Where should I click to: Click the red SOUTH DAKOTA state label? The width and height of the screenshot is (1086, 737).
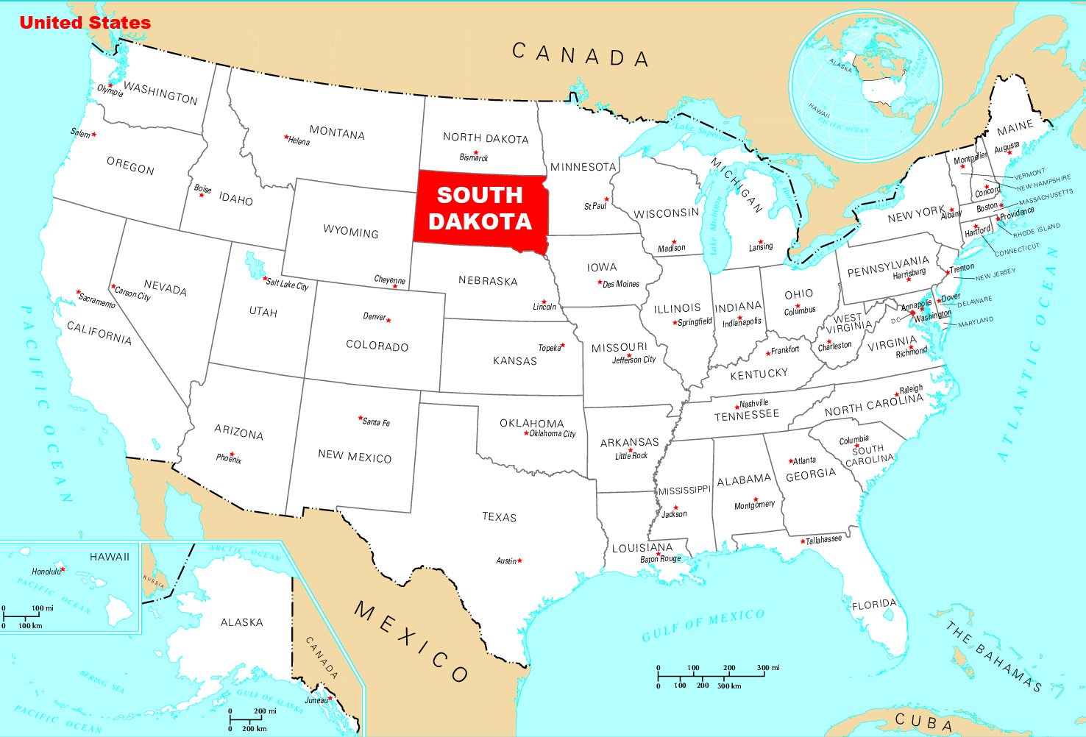[x=480, y=208]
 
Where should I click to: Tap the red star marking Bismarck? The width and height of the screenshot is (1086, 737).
[x=475, y=149]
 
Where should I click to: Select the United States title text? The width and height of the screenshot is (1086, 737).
[x=85, y=23]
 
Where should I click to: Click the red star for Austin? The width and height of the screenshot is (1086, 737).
[x=520, y=560]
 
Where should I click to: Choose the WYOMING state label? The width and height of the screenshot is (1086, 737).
[x=351, y=232]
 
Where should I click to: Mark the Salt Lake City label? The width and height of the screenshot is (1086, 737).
[x=288, y=284]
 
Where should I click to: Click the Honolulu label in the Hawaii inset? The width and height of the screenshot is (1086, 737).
[x=46, y=572]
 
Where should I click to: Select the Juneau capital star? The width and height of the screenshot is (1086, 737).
[x=331, y=697]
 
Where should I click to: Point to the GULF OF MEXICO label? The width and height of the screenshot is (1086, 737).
[x=703, y=625]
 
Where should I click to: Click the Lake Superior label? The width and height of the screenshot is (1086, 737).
[x=703, y=132]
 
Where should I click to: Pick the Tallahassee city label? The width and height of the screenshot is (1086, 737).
[x=824, y=540]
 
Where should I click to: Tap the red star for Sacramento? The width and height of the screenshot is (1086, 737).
[x=79, y=292]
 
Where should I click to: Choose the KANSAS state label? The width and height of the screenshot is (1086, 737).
[x=515, y=360]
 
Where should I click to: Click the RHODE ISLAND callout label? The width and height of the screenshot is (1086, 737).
[x=1037, y=230]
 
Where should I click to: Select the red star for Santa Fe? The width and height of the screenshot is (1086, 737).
[x=361, y=418]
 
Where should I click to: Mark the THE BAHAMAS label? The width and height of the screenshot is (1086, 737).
[x=994, y=657]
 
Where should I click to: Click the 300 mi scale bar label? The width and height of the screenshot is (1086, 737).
[x=768, y=668]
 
